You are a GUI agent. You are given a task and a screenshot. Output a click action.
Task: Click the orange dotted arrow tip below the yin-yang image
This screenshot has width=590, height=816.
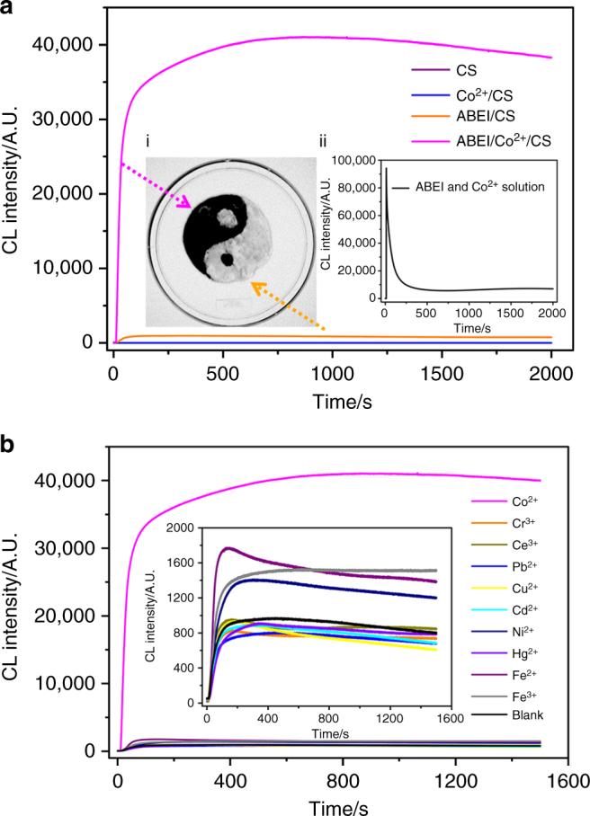click(254, 286)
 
